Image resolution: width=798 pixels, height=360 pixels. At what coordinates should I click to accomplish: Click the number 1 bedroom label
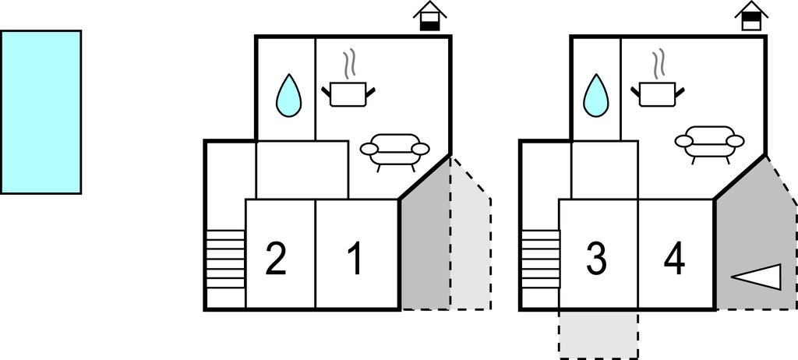[x=355, y=259]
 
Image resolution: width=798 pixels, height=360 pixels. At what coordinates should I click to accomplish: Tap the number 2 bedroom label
[x=275, y=259]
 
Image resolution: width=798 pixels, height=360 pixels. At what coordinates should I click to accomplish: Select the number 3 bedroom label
[x=596, y=259]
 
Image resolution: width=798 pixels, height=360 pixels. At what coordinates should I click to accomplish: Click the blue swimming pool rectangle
[x=41, y=111]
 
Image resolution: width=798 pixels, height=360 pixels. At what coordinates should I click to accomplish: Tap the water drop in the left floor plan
[x=288, y=96]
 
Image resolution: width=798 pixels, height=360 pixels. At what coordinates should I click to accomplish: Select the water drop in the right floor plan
[x=596, y=96]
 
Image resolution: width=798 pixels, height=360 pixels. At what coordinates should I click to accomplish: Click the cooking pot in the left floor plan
[x=348, y=94]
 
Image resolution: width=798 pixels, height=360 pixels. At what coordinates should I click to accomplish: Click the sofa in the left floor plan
[x=394, y=150]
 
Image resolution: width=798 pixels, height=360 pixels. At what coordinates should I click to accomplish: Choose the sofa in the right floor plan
[x=709, y=143]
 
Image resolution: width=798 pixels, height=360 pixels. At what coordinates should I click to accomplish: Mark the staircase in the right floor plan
[x=541, y=259]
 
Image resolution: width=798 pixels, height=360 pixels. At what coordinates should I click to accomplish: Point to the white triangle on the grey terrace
[x=757, y=277]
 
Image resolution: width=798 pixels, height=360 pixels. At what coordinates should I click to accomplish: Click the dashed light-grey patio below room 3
[x=598, y=334]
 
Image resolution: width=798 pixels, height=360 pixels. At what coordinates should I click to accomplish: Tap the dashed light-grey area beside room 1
[x=471, y=249]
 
